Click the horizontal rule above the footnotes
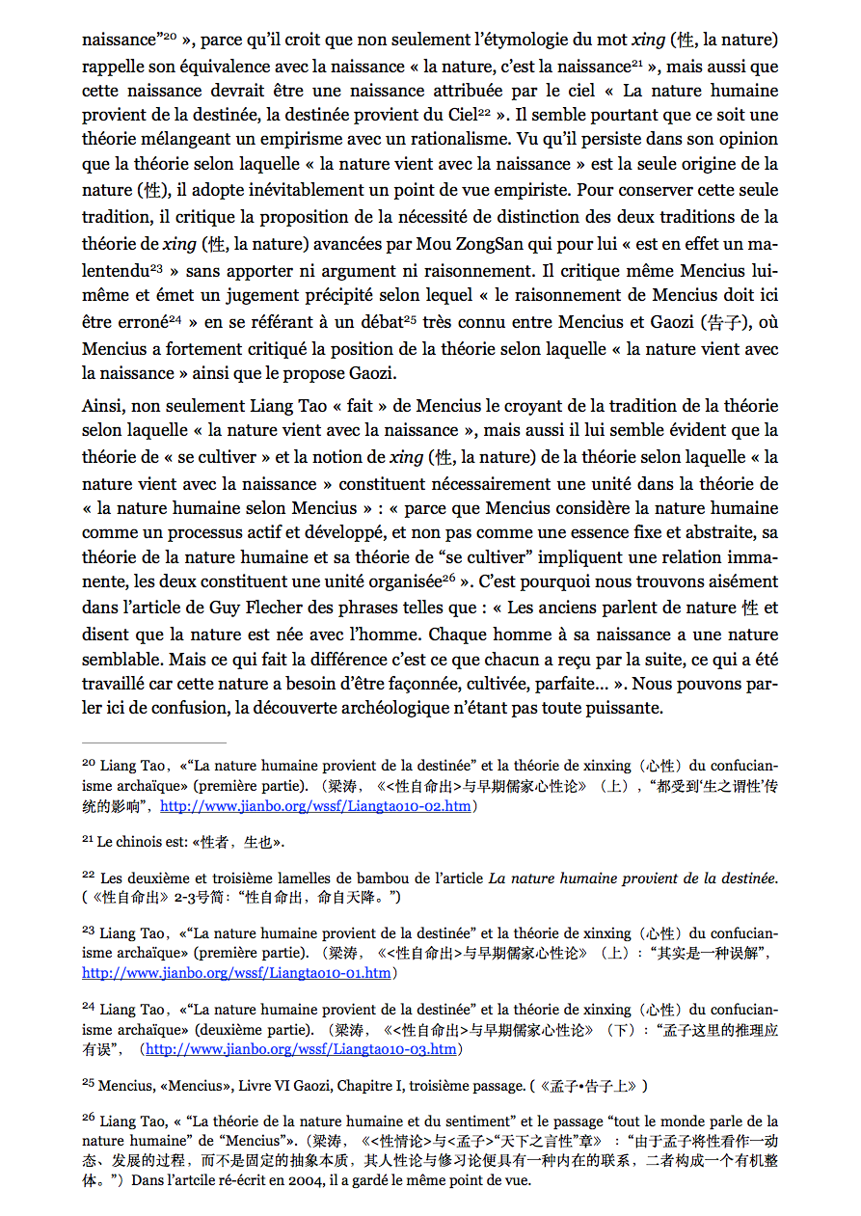[154, 743]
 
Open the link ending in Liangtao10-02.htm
[315, 805]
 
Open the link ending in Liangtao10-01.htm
[236, 973]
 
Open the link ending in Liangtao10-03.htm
[301, 1049]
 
